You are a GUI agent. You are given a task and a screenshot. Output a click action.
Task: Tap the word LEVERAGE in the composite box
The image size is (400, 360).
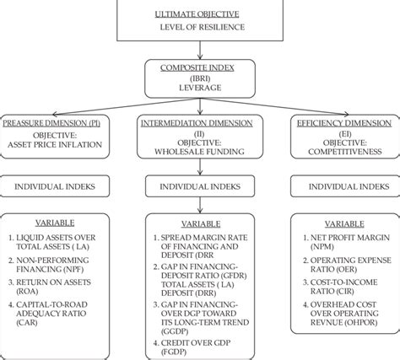(201, 87)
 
